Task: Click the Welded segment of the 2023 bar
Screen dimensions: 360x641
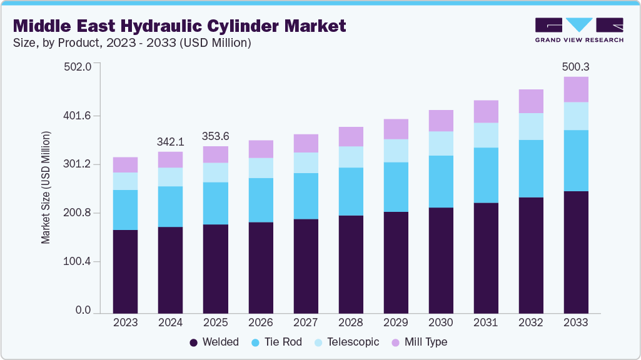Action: click(125, 271)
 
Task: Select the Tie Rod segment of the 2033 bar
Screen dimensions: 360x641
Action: click(575, 161)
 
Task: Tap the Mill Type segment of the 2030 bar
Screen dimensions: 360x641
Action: click(440, 121)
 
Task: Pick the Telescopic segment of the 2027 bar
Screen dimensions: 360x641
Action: click(305, 162)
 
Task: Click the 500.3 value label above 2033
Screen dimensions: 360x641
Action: click(575, 66)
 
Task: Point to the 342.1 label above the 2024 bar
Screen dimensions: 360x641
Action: click(170, 141)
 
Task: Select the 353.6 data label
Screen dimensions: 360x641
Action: click(215, 136)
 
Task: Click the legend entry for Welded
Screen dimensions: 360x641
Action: click(213, 342)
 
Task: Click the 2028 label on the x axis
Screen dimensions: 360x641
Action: click(350, 322)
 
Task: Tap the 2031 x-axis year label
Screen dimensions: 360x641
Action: click(485, 322)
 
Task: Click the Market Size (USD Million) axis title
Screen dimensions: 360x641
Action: click(46, 187)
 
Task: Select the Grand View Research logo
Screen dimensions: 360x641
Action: click(578, 29)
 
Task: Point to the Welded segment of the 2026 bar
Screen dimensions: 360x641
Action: click(260, 267)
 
